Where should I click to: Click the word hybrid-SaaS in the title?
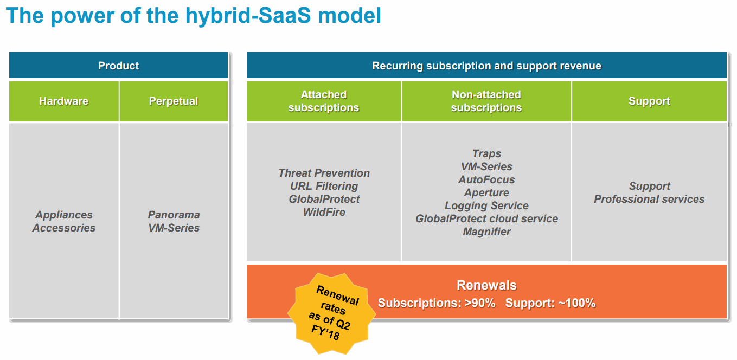(x=248, y=16)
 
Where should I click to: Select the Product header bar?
(x=118, y=65)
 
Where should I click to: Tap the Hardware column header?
(x=64, y=101)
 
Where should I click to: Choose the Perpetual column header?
(x=174, y=101)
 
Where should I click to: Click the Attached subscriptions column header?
(x=324, y=101)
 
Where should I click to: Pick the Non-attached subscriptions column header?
(x=486, y=101)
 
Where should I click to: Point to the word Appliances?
(x=64, y=215)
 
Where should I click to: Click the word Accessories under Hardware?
(x=64, y=228)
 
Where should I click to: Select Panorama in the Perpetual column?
(x=174, y=215)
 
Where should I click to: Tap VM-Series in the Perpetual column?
(x=174, y=228)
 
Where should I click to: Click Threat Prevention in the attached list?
(x=324, y=173)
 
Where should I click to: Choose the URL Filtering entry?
(x=324, y=187)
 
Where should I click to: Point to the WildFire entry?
(x=324, y=212)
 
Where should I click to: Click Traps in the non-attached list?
(x=486, y=153)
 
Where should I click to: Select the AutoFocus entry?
(x=486, y=179)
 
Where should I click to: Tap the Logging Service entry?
(x=486, y=205)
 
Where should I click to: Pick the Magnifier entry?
(x=486, y=232)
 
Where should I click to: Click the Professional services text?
(x=649, y=199)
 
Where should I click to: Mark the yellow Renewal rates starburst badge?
(x=332, y=313)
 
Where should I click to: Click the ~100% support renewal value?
(x=576, y=303)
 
